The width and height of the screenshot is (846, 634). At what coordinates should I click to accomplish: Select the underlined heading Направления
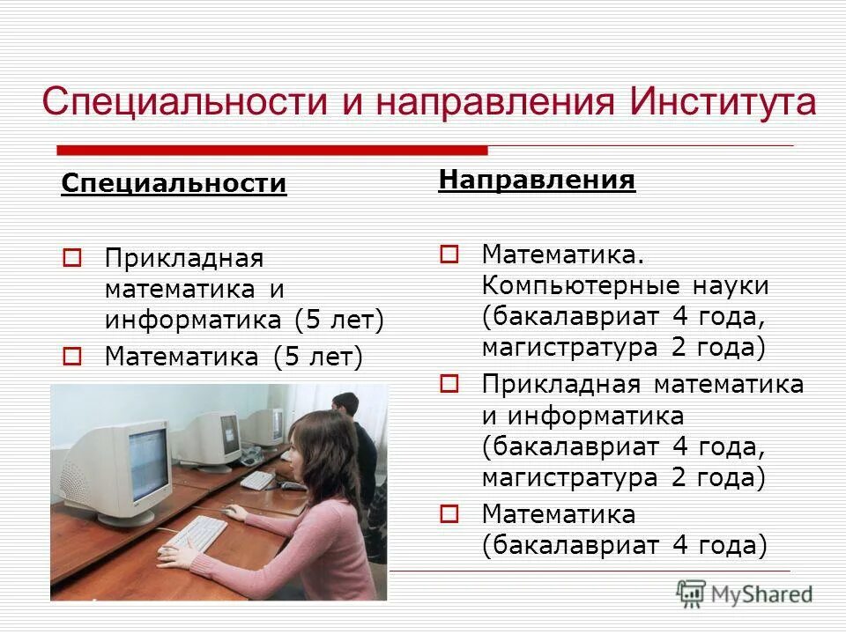(537, 181)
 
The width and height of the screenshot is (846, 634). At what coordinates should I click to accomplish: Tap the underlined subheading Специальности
(174, 184)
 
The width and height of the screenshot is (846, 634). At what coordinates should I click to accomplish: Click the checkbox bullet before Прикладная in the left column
(72, 260)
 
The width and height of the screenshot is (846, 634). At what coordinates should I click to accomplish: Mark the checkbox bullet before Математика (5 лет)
(72, 357)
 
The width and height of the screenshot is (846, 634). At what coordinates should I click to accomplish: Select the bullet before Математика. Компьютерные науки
(449, 255)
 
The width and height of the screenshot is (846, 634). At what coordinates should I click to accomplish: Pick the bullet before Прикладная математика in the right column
(449, 384)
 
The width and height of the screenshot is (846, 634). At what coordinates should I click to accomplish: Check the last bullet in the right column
(449, 512)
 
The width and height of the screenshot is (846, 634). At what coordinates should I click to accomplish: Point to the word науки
(730, 286)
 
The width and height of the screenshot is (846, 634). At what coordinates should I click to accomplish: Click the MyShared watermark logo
(745, 593)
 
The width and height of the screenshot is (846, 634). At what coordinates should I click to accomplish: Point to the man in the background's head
(345, 406)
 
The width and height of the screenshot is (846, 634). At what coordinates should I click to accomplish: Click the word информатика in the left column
(195, 320)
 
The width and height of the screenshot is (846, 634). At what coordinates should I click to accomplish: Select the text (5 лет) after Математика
(317, 357)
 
